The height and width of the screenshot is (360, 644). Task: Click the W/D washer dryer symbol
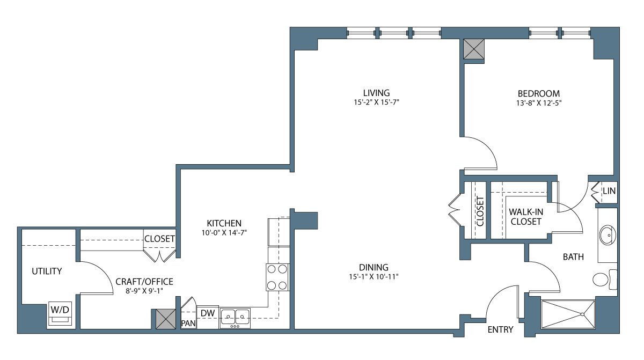click(60, 313)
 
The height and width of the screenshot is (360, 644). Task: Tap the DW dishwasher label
click(208, 313)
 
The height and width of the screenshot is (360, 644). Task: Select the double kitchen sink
click(235, 318)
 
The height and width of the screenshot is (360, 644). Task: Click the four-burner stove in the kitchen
click(277, 277)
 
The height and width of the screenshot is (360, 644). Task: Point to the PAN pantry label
click(188, 323)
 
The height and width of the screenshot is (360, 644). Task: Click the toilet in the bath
click(605, 280)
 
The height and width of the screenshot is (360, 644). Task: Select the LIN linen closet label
click(609, 191)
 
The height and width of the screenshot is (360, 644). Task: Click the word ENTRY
click(500, 329)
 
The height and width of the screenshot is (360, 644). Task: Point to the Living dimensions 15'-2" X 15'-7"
click(376, 102)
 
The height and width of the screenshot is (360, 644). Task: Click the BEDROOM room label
click(538, 94)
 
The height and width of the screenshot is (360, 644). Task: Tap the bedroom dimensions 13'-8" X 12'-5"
click(539, 103)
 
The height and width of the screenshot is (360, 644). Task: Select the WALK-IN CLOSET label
click(526, 217)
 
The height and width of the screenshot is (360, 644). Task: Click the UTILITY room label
click(47, 271)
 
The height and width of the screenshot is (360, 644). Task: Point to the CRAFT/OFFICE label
click(144, 282)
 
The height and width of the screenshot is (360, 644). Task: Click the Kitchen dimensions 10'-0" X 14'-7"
click(224, 233)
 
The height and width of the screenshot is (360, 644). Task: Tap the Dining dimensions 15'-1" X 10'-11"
click(374, 277)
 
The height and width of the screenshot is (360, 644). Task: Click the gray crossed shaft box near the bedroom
click(474, 49)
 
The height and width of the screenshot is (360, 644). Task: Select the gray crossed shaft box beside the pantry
click(166, 319)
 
